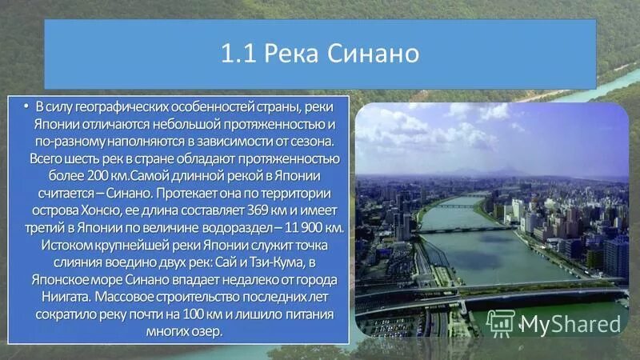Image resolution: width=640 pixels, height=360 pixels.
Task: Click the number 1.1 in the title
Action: (236, 54)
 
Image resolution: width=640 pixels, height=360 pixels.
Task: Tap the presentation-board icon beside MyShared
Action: (500, 322)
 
